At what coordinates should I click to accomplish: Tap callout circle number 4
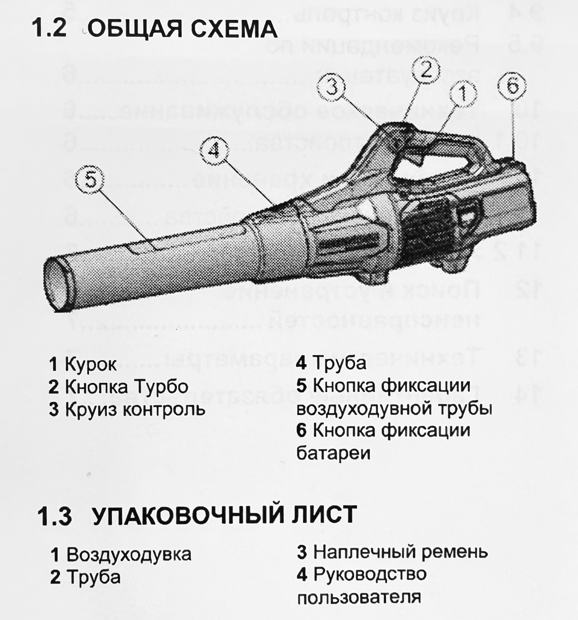click(x=214, y=151)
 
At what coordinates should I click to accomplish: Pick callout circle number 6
click(x=512, y=86)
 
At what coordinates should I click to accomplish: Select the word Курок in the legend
click(x=91, y=364)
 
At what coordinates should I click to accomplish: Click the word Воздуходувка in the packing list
click(x=129, y=554)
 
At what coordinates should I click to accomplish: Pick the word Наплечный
click(x=365, y=552)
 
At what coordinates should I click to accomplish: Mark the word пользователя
click(x=359, y=598)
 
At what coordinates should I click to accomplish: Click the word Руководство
click(x=370, y=574)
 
